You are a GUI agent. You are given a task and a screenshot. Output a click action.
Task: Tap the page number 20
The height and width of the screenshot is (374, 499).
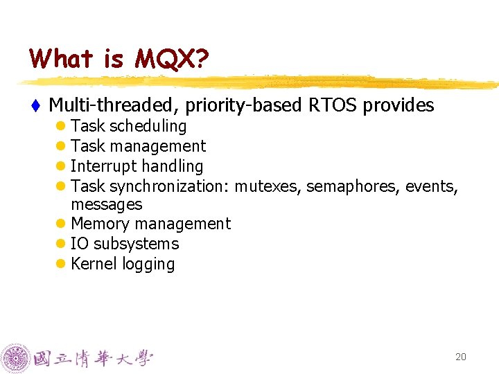(x=460, y=357)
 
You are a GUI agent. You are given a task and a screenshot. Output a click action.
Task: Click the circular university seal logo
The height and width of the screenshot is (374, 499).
(x=15, y=358)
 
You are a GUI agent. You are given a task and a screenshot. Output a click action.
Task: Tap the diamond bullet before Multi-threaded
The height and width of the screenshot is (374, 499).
(x=35, y=105)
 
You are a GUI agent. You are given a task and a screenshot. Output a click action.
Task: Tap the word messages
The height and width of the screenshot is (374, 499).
(x=106, y=205)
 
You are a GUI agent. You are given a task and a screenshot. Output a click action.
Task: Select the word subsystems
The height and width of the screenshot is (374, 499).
(x=136, y=244)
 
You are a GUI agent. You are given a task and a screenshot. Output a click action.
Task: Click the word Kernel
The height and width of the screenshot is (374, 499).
(x=94, y=264)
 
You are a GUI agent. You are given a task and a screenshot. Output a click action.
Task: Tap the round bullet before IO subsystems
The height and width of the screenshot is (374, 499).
(x=61, y=244)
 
